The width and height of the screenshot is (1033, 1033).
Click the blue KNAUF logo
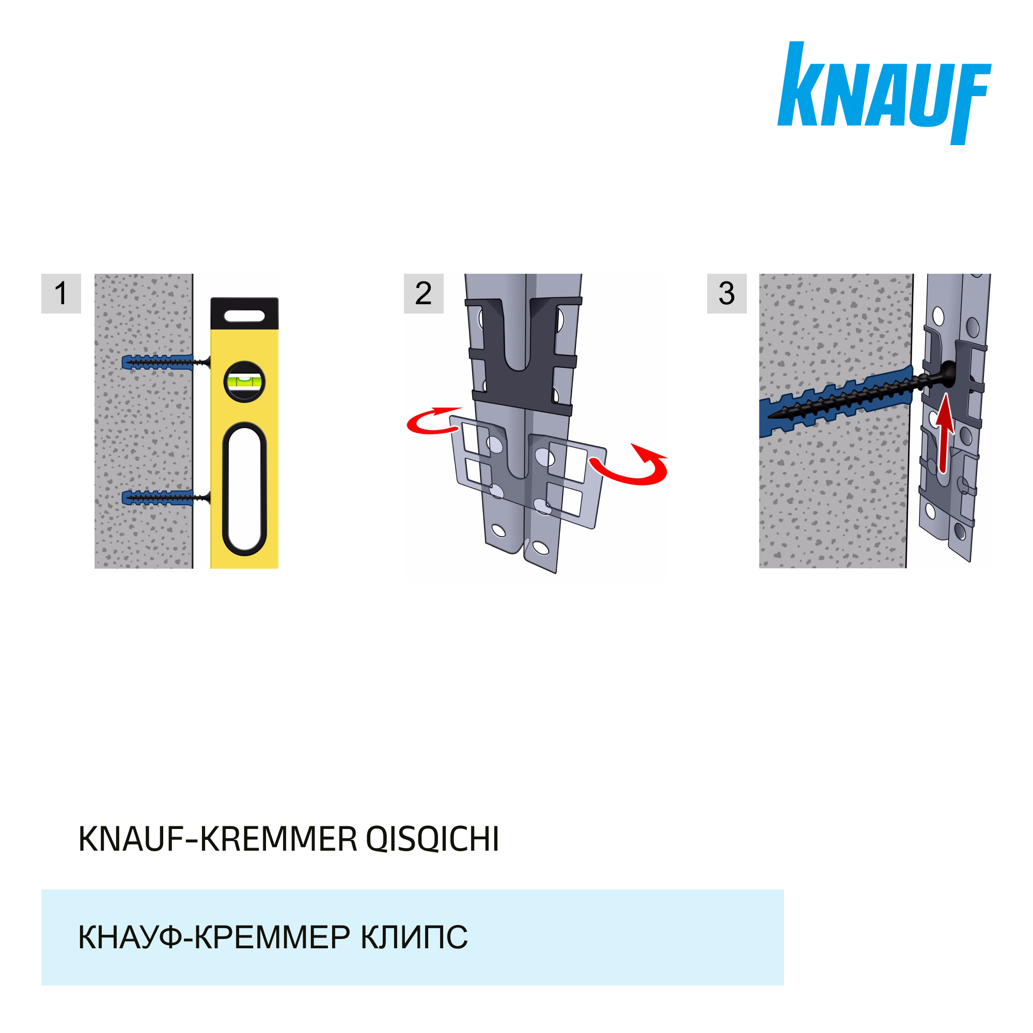coord(883,93)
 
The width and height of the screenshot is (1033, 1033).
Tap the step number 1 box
coord(61,293)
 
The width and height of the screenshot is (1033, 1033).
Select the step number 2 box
coord(424,293)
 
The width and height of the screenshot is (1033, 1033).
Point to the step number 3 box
coord(727,293)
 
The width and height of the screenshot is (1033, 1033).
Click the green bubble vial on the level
coord(244,382)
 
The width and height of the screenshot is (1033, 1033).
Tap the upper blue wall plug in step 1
coord(157,362)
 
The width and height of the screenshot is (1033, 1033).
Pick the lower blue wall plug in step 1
coord(157,498)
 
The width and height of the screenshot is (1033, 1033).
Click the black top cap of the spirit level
coord(244,314)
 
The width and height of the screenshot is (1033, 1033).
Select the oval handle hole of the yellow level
coord(244,489)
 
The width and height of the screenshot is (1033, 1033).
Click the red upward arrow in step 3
coord(945,433)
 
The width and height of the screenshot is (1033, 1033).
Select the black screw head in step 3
coord(948,373)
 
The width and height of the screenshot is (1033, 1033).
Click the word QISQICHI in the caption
coord(432,839)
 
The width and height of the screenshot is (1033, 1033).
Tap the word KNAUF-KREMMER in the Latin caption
coord(217,839)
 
